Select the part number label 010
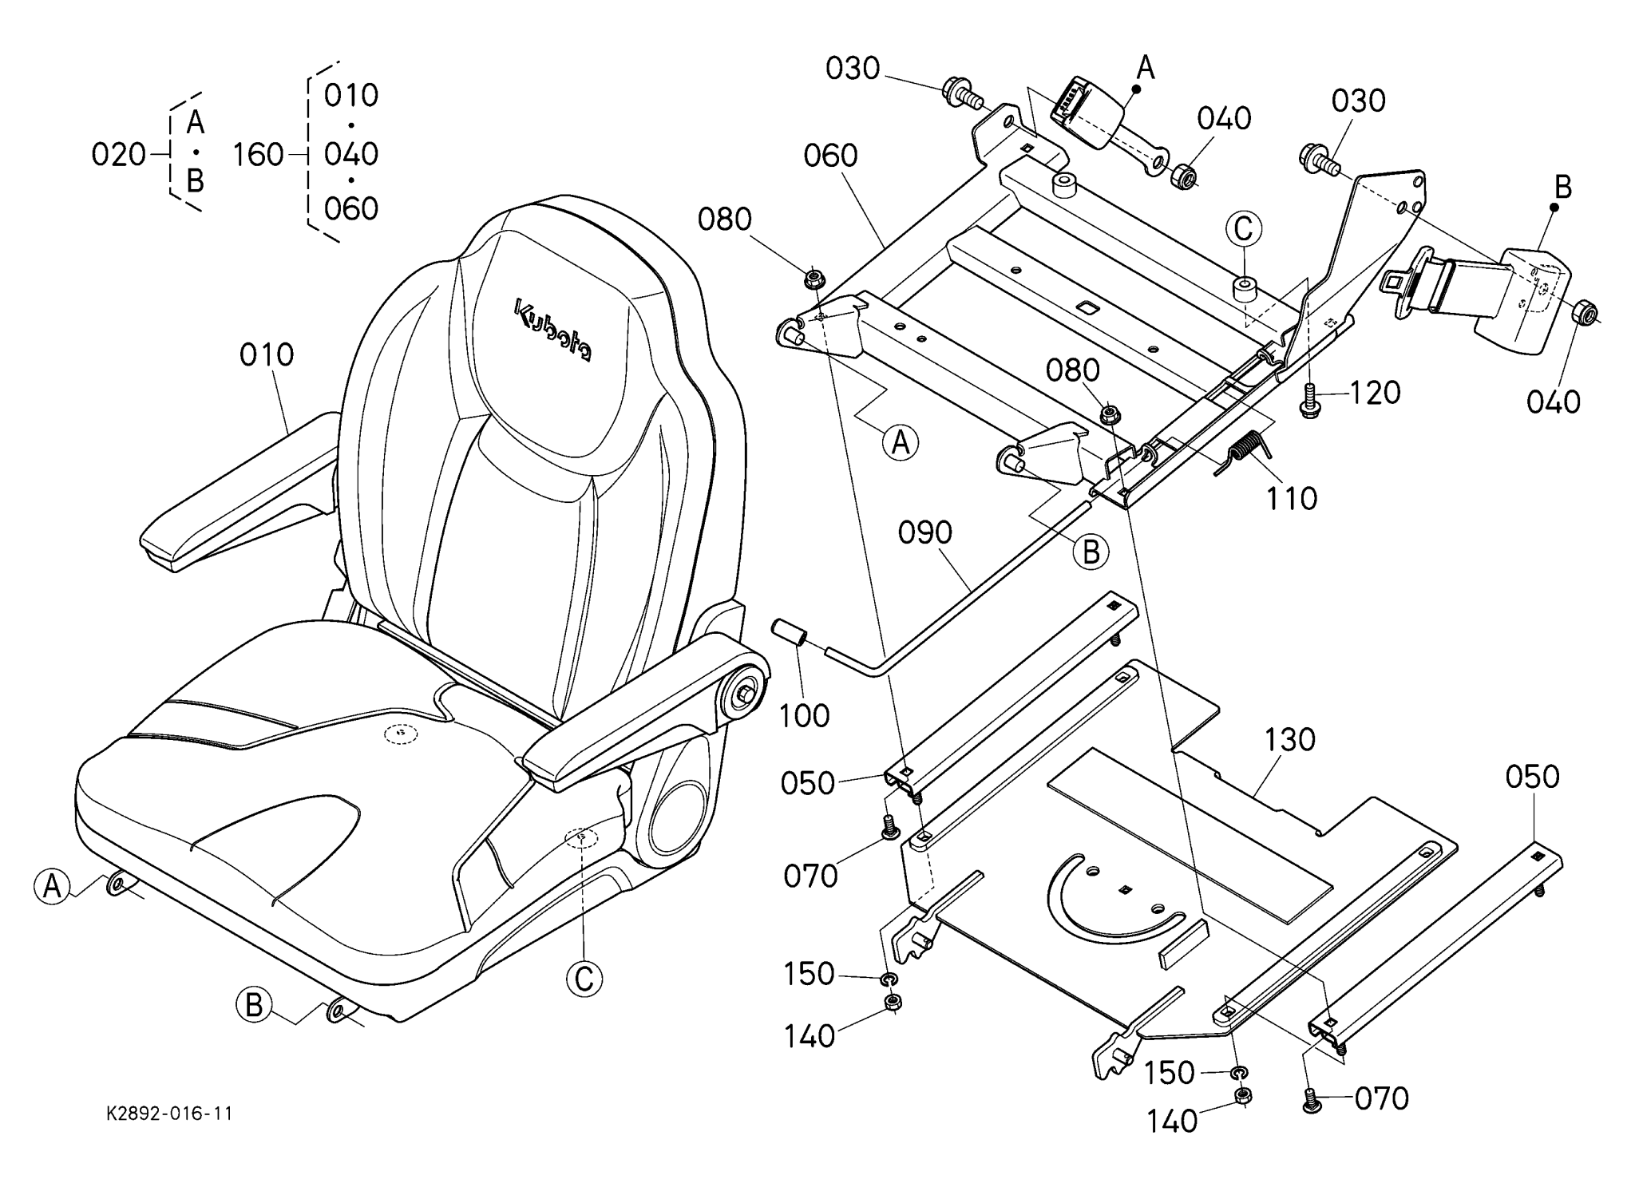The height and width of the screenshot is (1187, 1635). click(267, 355)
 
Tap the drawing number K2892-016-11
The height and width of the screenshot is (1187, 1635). click(169, 1114)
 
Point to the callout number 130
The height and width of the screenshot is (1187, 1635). click(1290, 740)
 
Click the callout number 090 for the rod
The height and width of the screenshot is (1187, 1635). click(925, 533)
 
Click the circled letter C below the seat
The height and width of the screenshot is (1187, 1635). click(584, 979)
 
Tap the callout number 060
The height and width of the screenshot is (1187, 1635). click(830, 156)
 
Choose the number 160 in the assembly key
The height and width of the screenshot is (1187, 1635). click(258, 154)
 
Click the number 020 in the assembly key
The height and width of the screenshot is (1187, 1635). click(118, 154)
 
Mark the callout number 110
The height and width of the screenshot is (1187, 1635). click(1292, 499)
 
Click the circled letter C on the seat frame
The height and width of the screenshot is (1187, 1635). click(1245, 230)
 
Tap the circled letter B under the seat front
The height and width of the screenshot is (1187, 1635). click(254, 1005)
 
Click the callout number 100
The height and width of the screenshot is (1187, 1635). click(804, 716)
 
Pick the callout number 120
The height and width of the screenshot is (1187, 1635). click(1375, 393)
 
